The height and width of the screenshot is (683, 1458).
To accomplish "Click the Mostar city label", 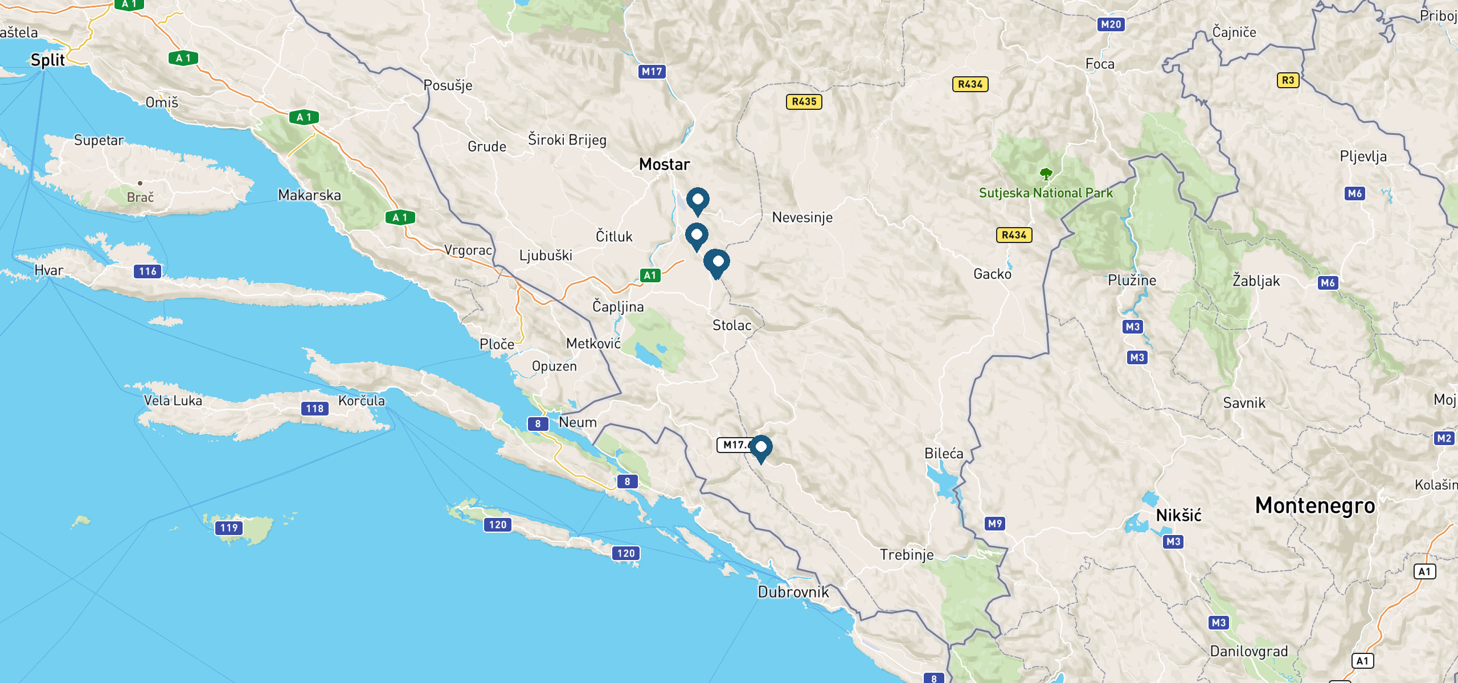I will point(664,164).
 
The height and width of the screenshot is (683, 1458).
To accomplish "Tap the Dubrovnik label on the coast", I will point(793,592).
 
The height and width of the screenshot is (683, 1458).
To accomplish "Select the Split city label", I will point(48,60).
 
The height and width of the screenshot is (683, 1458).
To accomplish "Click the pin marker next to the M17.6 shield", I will point(761,448).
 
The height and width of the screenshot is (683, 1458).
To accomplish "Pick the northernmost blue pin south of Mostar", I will point(698,200).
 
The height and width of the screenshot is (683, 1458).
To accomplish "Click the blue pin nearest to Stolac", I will point(717,263).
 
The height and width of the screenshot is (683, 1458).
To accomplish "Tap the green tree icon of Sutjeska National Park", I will point(1046,174).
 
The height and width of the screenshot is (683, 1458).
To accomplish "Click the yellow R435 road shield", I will point(804,102).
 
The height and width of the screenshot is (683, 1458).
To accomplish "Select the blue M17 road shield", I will point(652,72).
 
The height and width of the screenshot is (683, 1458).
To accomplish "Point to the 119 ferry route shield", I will point(229,528).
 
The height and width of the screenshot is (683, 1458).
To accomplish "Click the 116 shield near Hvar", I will point(148,271).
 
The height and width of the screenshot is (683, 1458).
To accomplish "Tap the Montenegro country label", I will point(1315,505).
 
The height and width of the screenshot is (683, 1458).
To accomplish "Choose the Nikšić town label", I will point(1178,516).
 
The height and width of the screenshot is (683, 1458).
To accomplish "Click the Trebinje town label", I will point(907,554).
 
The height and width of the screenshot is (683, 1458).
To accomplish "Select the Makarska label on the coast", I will point(309,195).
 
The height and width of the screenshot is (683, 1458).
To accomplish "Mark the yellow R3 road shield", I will point(1288,80).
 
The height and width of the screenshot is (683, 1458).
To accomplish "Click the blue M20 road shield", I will point(1111,24).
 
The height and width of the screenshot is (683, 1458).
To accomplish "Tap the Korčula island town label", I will point(361,401).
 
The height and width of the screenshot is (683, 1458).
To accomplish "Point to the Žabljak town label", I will point(1256,281).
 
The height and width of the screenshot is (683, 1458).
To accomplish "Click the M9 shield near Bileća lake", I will point(994,524).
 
